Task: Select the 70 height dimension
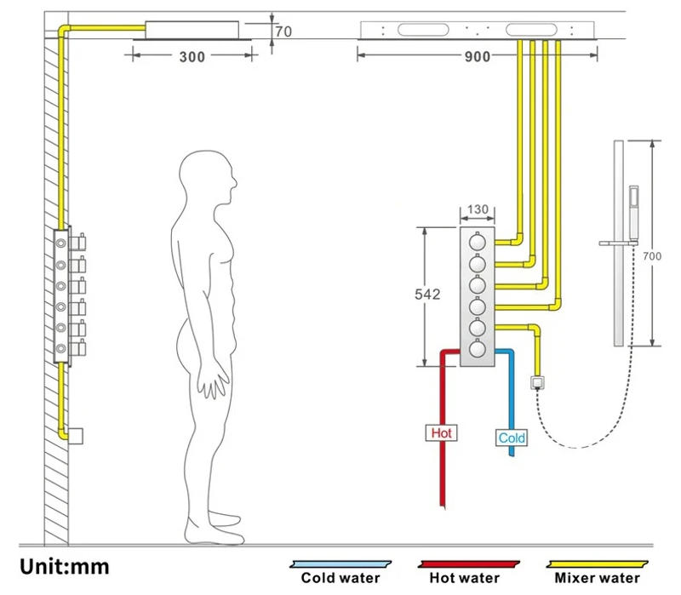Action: tap(284, 32)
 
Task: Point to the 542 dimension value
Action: tap(427, 295)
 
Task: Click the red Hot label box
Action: tap(441, 433)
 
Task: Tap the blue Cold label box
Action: tap(512, 438)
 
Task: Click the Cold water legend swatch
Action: tap(340, 564)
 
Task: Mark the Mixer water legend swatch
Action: tap(597, 564)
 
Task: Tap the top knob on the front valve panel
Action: tap(477, 243)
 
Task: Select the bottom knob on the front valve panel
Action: tap(477, 348)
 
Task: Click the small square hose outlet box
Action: tap(538, 381)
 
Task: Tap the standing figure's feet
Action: tap(217, 528)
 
